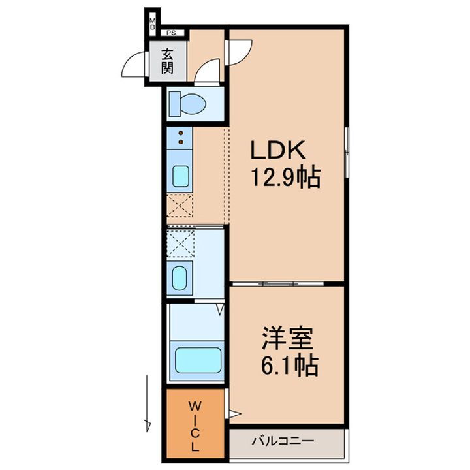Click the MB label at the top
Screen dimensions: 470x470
point(152,24)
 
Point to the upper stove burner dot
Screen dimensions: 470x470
point(180,133)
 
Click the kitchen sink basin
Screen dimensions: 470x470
point(180,176)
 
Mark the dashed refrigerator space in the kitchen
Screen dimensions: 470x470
point(180,206)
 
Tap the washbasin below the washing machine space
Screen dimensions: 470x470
point(181,277)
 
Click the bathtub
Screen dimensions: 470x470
point(197,360)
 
